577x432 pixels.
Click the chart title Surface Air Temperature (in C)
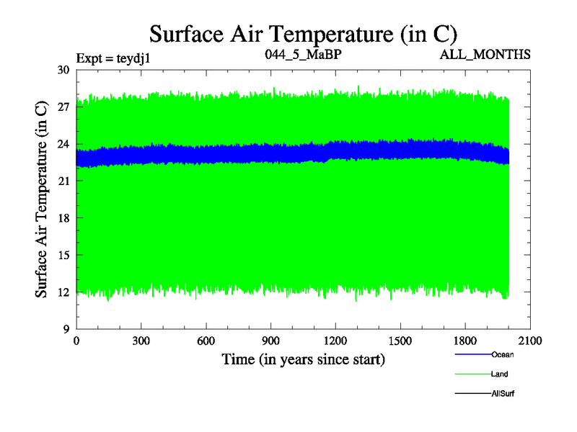303,33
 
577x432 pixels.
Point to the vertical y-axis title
42,199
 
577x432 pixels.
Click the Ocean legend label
502,354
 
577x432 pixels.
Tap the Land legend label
500,374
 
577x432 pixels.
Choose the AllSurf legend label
503,393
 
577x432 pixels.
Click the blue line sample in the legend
472,354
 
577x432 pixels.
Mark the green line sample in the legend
472,374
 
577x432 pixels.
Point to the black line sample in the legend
472,393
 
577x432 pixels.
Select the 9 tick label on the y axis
65,329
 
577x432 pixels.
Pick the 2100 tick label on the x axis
530,342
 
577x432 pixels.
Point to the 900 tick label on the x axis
271,342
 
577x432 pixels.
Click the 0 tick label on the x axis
76,342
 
